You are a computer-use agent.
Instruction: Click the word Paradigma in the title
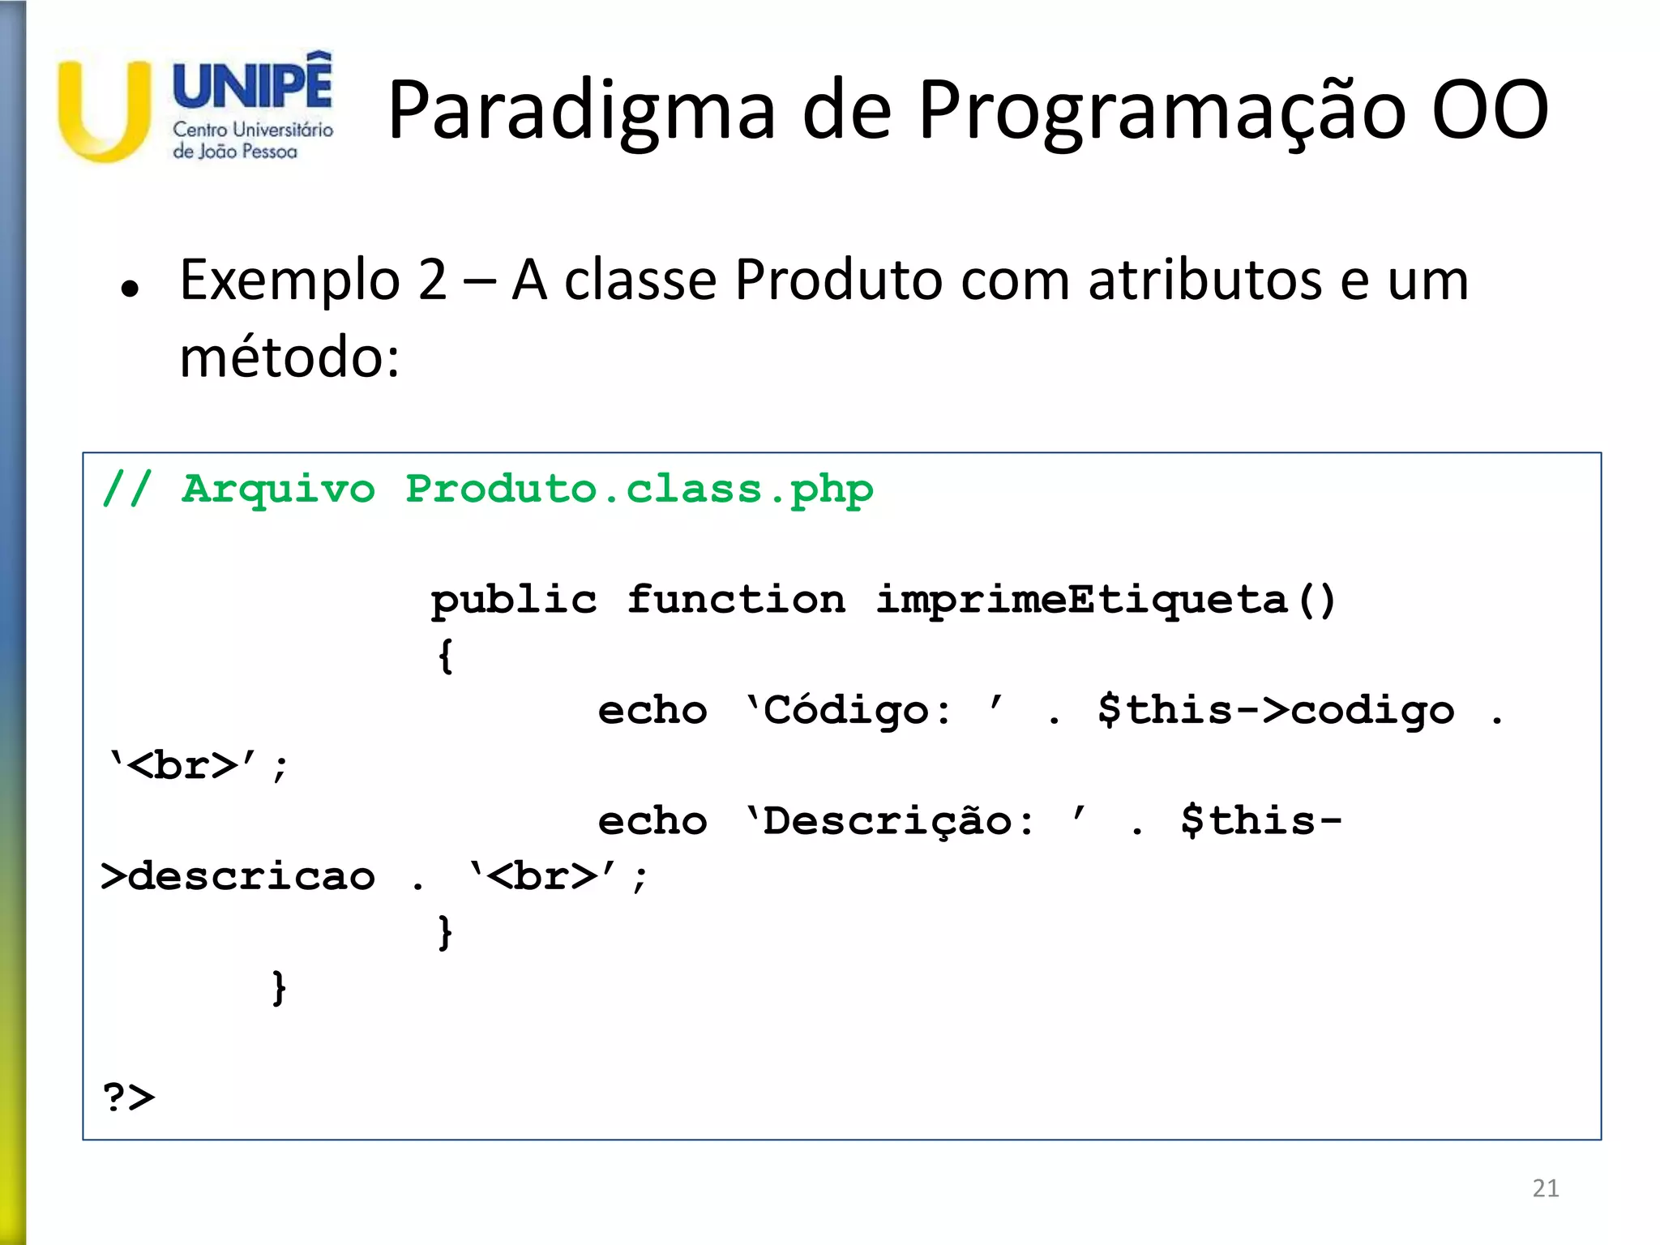581,111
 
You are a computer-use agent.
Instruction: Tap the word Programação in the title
1162,111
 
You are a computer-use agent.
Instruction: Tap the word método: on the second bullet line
289,357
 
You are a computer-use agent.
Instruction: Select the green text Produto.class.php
639,490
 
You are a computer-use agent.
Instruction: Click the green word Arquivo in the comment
278,490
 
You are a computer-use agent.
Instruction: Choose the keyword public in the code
514,601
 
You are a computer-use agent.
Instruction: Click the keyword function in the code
736,601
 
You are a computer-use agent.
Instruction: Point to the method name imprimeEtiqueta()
1106,601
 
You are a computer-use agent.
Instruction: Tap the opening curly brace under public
445,656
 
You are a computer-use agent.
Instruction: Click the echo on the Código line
652,711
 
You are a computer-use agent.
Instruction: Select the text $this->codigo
1276,711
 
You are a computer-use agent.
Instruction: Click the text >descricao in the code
237,877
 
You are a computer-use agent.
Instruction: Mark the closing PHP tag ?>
129,1097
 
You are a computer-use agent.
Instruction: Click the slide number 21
1545,1188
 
